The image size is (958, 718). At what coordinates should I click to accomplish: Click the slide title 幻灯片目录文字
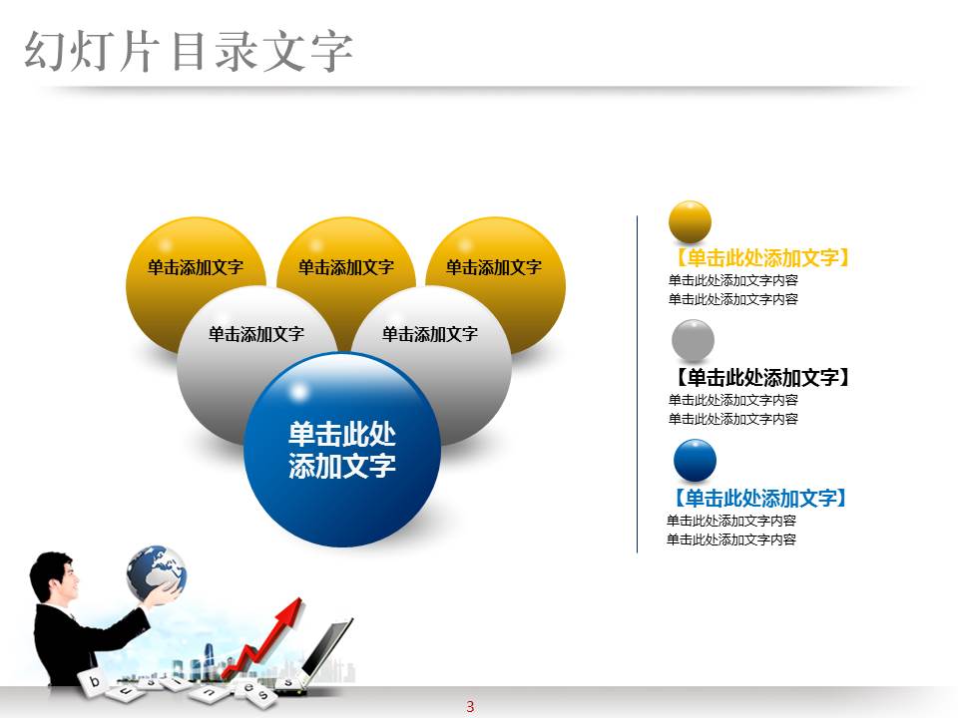(189, 51)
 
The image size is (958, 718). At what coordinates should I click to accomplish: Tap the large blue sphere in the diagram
(341, 450)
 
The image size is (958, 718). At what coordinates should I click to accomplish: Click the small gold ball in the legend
(690, 221)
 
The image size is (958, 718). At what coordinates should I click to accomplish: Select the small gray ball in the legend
(693, 340)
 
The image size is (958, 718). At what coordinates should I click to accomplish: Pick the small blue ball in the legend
(695, 461)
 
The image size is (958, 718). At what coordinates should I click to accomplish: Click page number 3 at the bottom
(470, 707)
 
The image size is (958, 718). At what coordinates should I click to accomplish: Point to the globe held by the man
(155, 571)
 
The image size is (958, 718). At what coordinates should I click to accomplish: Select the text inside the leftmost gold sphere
(196, 267)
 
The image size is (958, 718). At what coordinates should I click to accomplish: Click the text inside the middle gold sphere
(345, 267)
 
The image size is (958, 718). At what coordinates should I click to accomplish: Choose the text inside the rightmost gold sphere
(493, 267)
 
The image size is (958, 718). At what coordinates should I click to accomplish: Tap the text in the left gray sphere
(255, 334)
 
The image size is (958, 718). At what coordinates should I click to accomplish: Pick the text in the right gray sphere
(429, 334)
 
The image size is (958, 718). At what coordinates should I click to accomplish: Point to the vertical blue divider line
(637, 384)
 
